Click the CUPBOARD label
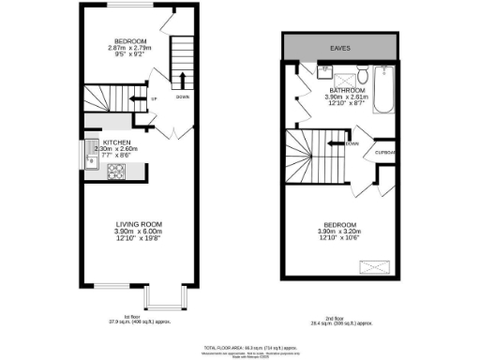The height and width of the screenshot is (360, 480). pyautogui.click(x=385, y=153)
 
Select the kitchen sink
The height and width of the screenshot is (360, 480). pyautogui.click(x=90, y=154)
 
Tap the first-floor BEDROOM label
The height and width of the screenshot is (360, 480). pyautogui.click(x=129, y=41)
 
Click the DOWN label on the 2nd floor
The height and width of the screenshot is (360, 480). pyautogui.click(x=352, y=143)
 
